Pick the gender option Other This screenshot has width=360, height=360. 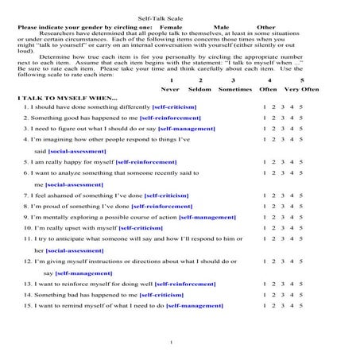(266, 26)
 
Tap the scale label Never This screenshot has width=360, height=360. (171, 89)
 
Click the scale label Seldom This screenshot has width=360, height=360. (200, 89)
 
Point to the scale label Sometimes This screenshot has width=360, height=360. (235, 89)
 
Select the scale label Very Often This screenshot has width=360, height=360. (303, 89)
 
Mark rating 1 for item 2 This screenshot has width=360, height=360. (265, 118)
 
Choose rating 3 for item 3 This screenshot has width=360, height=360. (283, 128)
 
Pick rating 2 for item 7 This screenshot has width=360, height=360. (273, 194)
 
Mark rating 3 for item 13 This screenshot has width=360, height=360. (283, 283)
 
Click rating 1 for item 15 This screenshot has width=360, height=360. (265, 304)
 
